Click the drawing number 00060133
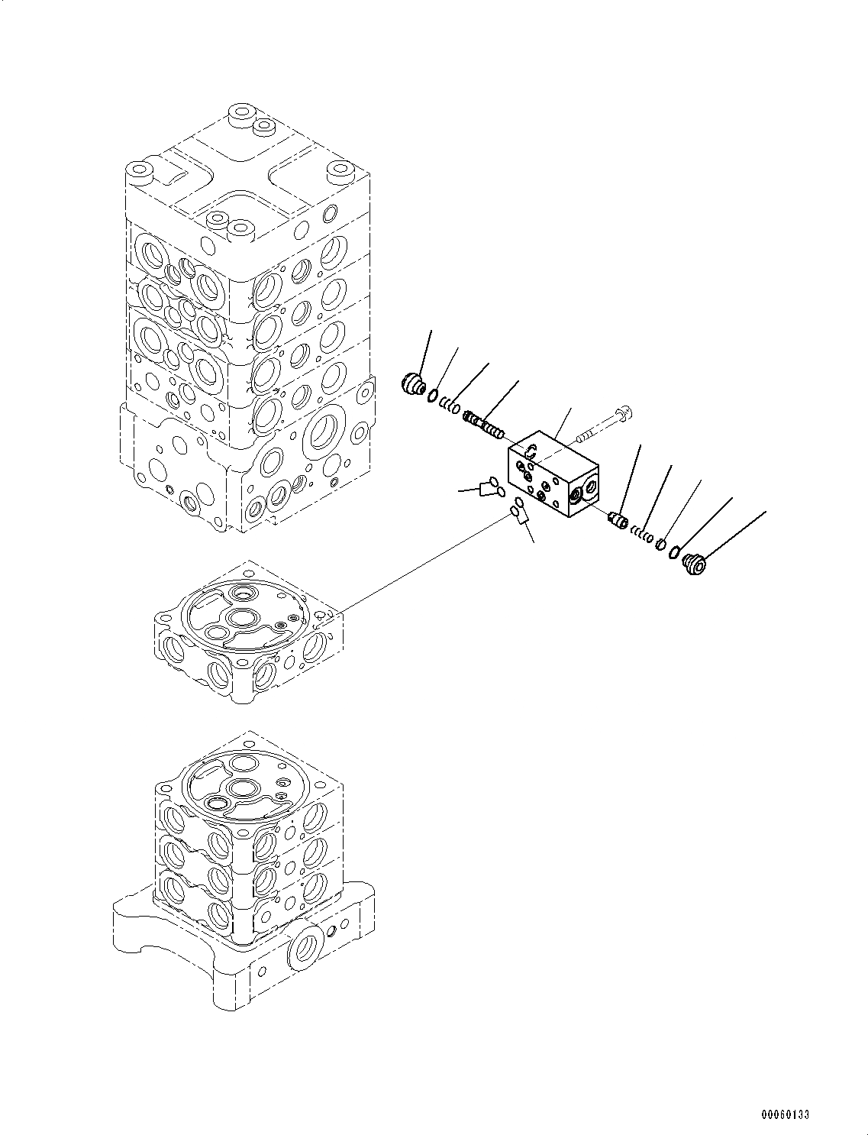click(x=784, y=1114)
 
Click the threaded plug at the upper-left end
click(x=413, y=383)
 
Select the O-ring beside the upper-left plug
click(x=432, y=395)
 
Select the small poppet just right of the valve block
click(x=618, y=520)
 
